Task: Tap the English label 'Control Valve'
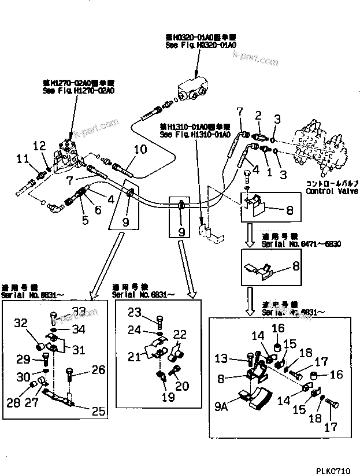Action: [x=332, y=191]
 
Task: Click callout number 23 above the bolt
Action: [x=135, y=313]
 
